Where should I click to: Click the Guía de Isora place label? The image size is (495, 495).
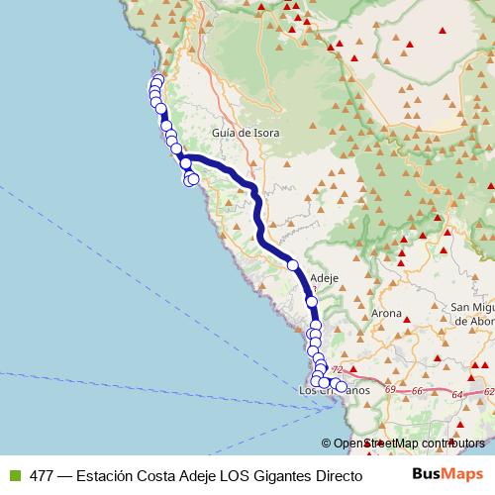pos(246,133)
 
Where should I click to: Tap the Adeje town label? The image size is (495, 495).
pos(325,278)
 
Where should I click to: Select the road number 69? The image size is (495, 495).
pos(391,389)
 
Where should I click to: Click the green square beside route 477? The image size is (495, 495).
pos(14,474)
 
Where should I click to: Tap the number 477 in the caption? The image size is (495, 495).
pos(43,474)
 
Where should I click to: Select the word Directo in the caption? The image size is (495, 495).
pos(336,474)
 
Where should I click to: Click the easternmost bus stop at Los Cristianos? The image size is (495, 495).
pos(342,388)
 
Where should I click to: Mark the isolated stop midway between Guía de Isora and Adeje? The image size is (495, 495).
pos(292,264)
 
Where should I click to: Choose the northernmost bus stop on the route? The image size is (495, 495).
pos(158,80)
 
